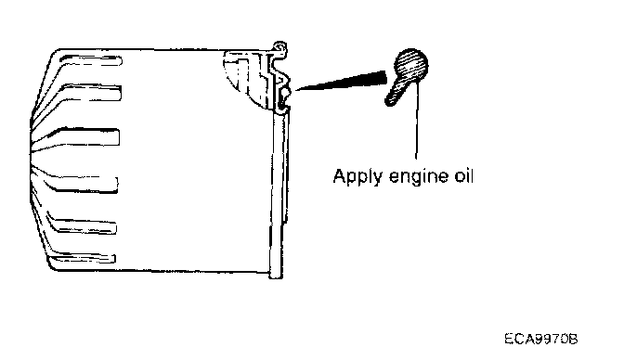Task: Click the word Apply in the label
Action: click(357, 176)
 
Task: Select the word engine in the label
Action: click(421, 176)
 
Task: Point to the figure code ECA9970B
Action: click(541, 339)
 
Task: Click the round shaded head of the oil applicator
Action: click(411, 66)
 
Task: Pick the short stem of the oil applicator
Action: click(396, 94)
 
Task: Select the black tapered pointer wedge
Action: click(342, 81)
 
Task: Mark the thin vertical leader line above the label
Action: click(417, 122)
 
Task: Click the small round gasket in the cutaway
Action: click(286, 93)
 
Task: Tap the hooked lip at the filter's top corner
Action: click(279, 47)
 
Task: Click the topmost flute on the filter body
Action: click(89, 61)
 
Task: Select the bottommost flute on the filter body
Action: click(82, 259)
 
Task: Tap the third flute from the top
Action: click(84, 136)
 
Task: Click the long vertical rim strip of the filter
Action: click(278, 193)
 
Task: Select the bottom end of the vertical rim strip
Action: click(276, 276)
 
